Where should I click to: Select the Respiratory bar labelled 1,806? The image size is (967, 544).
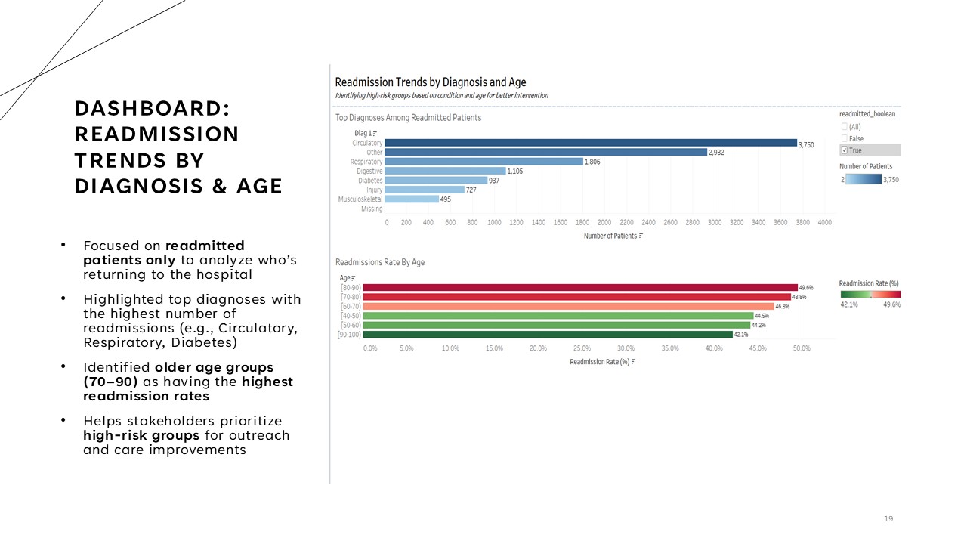point(484,162)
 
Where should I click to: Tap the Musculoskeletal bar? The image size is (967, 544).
point(412,199)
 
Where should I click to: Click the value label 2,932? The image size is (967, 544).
point(716,153)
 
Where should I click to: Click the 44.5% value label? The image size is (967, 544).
point(762,316)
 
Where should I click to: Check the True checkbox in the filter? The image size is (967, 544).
point(845,150)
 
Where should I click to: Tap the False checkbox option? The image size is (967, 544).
point(845,138)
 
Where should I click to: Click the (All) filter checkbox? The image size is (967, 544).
point(845,127)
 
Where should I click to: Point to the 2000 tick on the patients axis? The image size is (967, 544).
point(604,223)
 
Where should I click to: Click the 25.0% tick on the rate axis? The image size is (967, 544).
point(582,348)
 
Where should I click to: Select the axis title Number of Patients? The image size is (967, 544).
point(610,236)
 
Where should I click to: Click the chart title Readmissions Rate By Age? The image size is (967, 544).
point(380,262)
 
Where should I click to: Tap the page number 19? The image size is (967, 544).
point(888,518)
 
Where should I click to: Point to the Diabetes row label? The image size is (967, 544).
point(370,181)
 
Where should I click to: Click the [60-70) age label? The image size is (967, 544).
point(351,307)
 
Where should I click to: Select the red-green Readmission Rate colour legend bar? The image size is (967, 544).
point(870,295)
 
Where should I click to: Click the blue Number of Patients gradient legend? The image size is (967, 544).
point(864,179)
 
